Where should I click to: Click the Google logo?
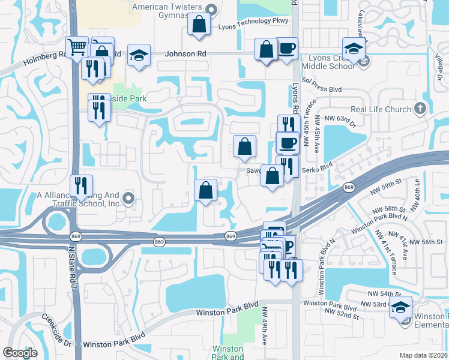(20, 352)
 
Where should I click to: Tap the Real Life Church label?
(380, 109)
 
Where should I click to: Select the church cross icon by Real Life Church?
(420, 109)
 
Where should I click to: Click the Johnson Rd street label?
(186, 54)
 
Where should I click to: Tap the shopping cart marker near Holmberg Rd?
(77, 47)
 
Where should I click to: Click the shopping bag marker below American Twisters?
(199, 25)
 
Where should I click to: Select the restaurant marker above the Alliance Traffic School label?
(80, 185)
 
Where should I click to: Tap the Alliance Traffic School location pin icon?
(127, 198)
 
